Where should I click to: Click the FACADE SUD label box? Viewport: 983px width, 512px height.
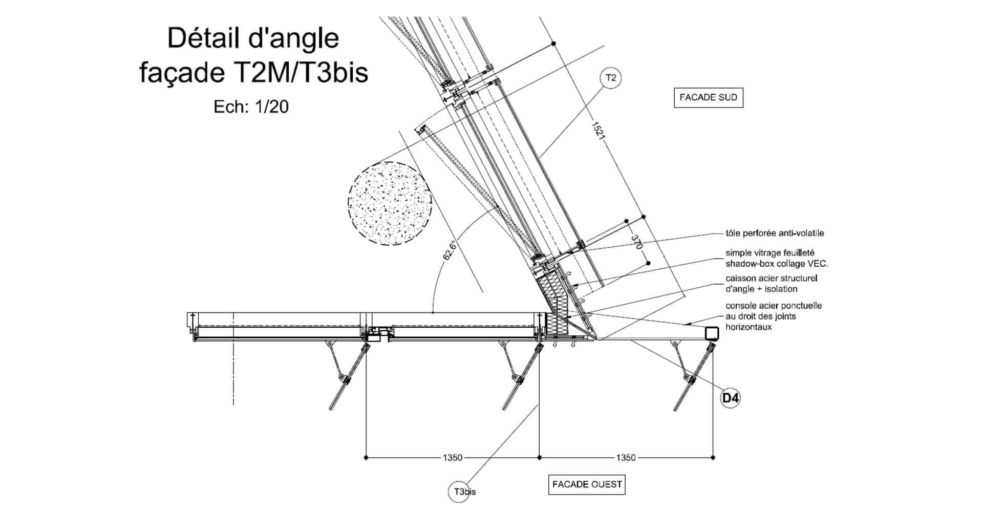pos(708,97)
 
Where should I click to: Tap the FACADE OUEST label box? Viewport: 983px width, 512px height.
pos(587,484)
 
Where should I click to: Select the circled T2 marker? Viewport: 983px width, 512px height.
pos(611,78)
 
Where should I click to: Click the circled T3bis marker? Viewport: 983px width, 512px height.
pos(462,492)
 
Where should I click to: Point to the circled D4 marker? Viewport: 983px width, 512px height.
pos(730,398)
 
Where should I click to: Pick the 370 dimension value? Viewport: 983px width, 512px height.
pos(635,242)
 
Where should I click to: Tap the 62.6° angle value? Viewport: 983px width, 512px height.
pos(449,250)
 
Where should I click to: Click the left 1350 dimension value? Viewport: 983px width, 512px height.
pos(453,458)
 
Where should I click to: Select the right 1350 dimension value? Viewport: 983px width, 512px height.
pos(626,458)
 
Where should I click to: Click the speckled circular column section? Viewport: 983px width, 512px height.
pos(390,203)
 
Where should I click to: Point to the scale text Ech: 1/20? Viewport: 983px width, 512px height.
pos(251,106)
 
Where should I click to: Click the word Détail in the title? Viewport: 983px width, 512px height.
pos(203,39)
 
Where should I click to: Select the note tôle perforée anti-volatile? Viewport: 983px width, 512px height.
pos(775,233)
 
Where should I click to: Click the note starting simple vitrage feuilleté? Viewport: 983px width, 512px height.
pos(776,259)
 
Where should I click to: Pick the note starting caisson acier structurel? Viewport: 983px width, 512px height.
pos(771,284)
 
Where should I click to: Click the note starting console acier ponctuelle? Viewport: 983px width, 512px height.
pos(773,316)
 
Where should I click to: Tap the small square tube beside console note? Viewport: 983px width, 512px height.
pos(711,334)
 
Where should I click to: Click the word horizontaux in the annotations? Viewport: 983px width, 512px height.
pos(748,327)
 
